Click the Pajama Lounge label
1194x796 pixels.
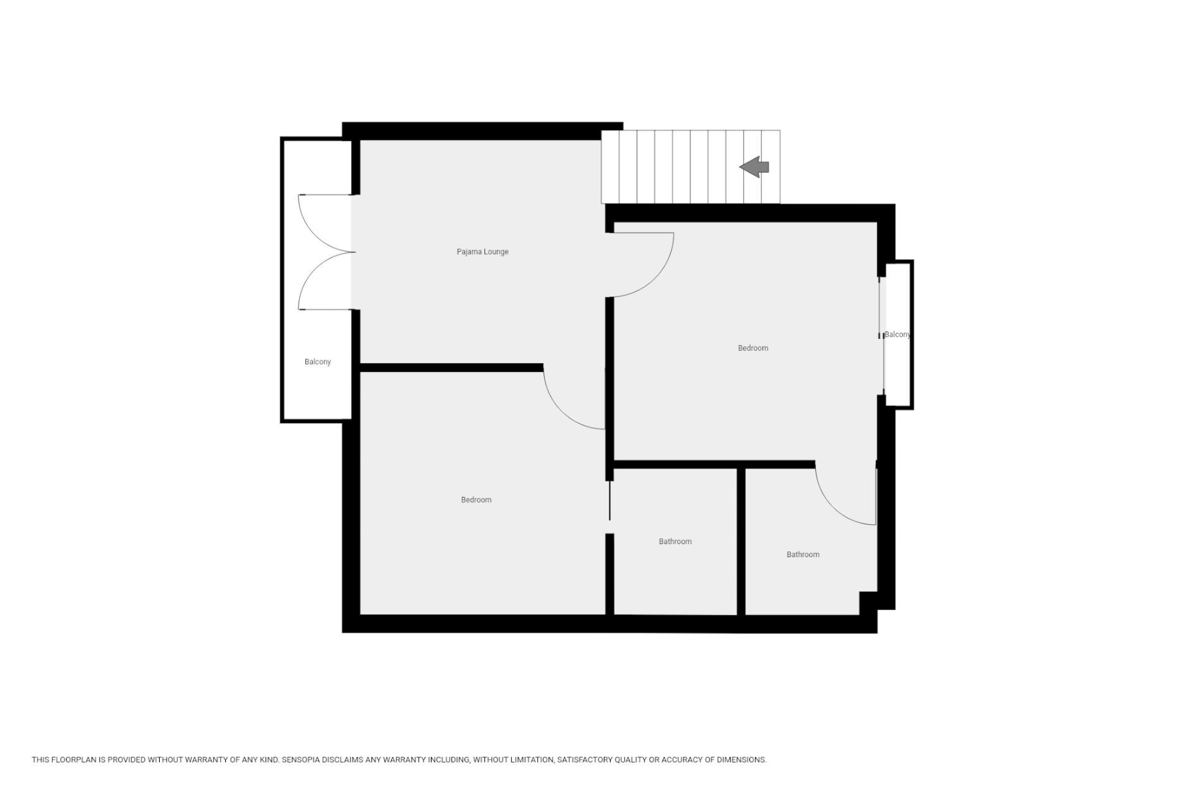(483, 252)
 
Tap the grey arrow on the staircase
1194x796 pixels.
(754, 167)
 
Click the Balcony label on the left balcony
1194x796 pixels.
(318, 362)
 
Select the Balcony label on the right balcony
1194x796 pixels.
(897, 335)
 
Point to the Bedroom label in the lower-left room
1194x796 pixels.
(476, 500)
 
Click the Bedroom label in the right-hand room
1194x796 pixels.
(753, 348)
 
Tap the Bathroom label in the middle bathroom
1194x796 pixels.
(675, 542)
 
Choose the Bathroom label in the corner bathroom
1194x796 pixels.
(803, 555)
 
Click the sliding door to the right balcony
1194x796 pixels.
(881, 336)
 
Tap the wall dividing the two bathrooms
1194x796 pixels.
(741, 541)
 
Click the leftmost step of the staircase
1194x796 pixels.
(610, 167)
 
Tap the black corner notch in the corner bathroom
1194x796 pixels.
(868, 603)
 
